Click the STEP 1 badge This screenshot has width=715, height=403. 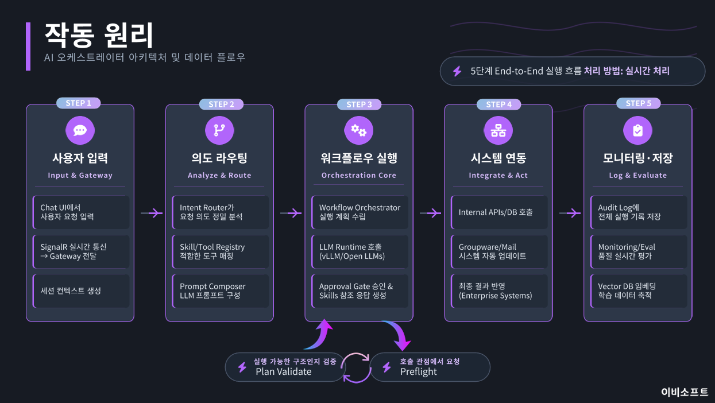[x=79, y=103]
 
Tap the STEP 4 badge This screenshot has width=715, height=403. [x=498, y=104]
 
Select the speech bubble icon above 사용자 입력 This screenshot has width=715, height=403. [x=80, y=130]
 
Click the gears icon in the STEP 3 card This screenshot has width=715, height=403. [x=359, y=130]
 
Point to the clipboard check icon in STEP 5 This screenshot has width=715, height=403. [x=638, y=130]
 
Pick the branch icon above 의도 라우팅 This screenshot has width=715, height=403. [x=219, y=130]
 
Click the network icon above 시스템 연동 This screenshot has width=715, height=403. [x=498, y=130]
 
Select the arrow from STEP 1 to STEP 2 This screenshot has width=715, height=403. [x=152, y=213]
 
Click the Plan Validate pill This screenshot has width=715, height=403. [x=285, y=367]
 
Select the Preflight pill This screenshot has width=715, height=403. [x=429, y=367]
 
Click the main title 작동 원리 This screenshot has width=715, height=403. [x=99, y=36]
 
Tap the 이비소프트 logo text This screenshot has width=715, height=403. [x=684, y=392]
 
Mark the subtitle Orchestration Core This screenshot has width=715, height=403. [x=359, y=175]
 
